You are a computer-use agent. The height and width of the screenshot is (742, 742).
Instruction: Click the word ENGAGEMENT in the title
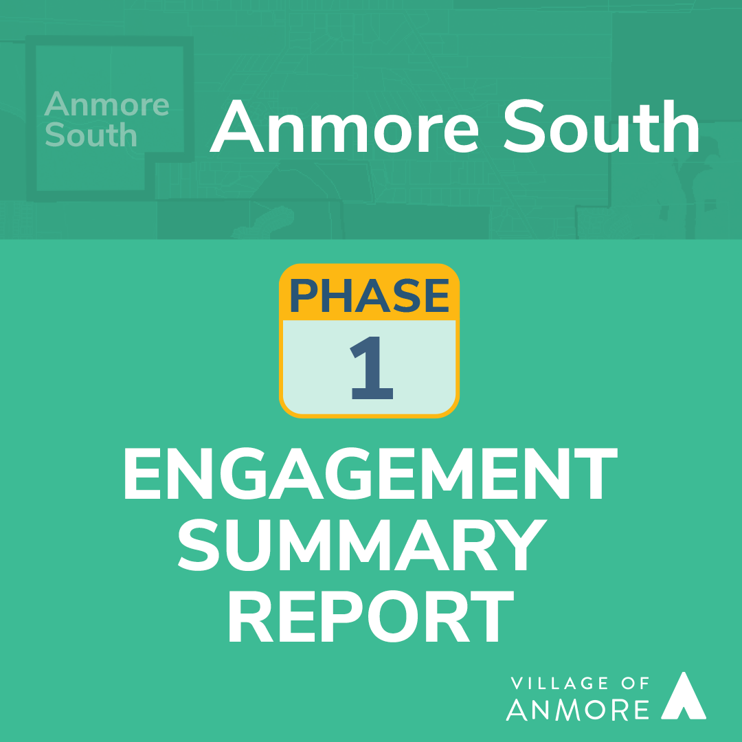click(x=370, y=473)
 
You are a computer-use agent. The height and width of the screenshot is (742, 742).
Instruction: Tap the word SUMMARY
click(x=363, y=545)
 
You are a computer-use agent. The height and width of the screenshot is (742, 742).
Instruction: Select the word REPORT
click(x=372, y=616)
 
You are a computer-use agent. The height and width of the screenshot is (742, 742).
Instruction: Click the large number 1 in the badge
click(x=372, y=368)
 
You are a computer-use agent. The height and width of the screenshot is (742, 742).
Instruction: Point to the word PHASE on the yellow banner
click(x=369, y=295)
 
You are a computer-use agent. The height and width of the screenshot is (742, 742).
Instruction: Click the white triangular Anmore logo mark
click(x=684, y=695)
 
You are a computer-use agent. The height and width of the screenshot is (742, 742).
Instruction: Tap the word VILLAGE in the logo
click(x=552, y=683)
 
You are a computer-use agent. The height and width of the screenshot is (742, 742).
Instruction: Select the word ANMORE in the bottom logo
click(x=577, y=709)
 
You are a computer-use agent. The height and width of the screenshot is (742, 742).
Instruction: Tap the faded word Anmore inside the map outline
click(x=106, y=104)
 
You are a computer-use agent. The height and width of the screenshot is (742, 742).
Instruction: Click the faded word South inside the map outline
click(x=91, y=135)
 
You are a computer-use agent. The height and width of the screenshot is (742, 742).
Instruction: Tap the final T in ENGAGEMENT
click(x=596, y=473)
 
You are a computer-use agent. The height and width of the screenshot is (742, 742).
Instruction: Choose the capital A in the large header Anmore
click(x=236, y=126)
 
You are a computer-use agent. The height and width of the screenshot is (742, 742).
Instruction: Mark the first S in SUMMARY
click(x=199, y=545)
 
